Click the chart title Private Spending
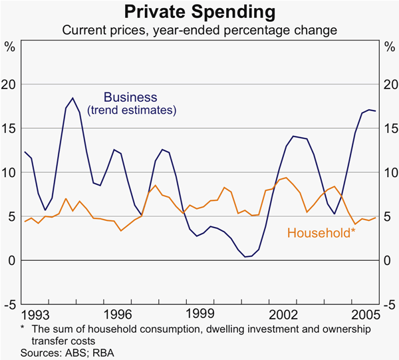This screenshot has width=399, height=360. click(199, 12)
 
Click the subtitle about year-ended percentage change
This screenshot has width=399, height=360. click(199, 30)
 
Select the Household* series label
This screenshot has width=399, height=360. click(321, 233)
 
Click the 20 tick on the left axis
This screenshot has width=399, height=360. click(9, 84)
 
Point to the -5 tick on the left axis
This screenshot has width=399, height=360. click(9, 304)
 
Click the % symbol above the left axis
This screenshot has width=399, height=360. click(10, 47)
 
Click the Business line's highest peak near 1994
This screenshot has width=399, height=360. click(72, 98)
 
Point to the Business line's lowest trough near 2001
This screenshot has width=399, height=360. click(247, 257)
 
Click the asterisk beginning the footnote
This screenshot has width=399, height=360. click(23, 327)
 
